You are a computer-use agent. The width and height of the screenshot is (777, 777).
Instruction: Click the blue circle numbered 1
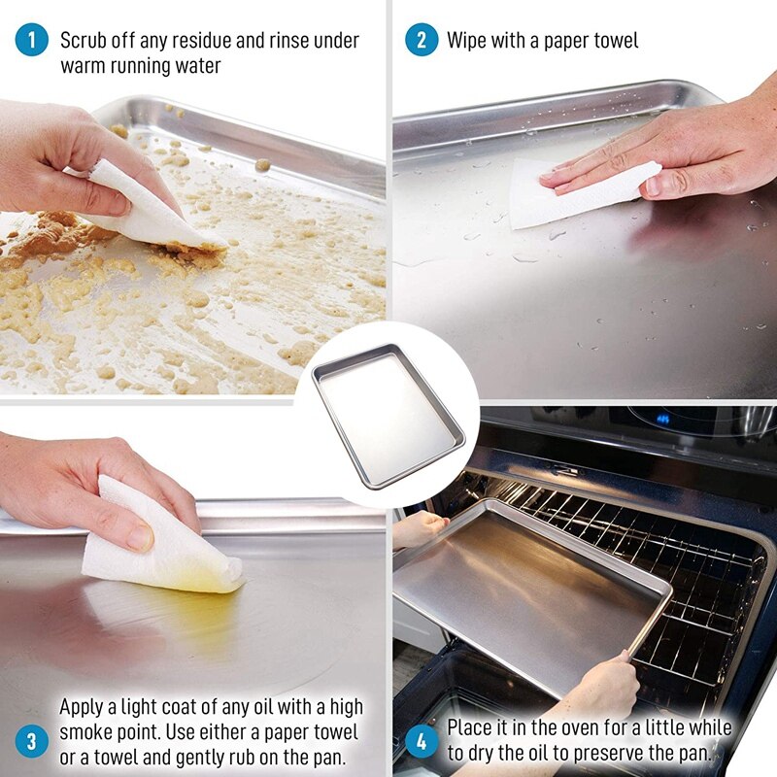click(x=31, y=40)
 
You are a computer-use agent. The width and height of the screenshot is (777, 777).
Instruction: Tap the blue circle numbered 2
click(x=421, y=40)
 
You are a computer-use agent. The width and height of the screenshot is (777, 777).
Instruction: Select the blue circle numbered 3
click(x=31, y=742)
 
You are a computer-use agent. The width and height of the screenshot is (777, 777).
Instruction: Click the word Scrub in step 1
click(x=84, y=41)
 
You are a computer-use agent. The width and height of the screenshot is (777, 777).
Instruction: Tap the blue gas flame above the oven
click(x=663, y=420)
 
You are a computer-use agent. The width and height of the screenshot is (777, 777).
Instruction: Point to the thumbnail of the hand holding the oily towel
click(x=139, y=536)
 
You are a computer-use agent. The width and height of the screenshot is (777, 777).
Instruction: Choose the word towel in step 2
click(x=612, y=41)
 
